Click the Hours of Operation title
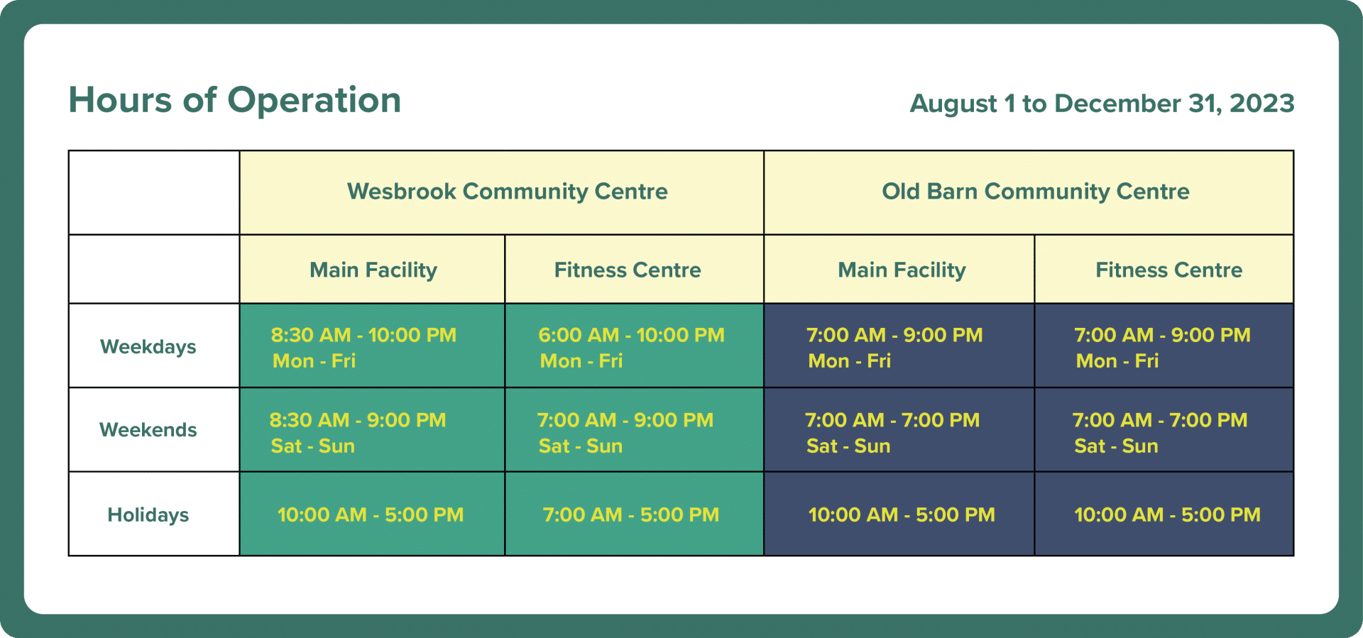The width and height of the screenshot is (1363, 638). point(235,100)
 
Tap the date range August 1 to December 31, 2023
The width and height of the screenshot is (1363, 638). point(1102,104)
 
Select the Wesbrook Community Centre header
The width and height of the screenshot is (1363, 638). point(508,192)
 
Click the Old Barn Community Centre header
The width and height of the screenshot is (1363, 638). point(1036,192)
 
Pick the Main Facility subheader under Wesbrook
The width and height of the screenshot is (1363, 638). point(373,270)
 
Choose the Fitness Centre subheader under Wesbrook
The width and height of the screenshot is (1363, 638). point(628,270)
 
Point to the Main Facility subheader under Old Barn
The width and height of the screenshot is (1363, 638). point(902,270)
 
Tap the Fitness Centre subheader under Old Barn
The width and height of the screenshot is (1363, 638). point(1169,270)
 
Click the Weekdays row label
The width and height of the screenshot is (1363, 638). point(148,347)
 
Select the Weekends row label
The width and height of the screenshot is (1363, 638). point(148,430)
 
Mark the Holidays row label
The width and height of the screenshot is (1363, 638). point(148,515)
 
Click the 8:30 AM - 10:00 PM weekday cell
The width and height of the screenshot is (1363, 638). point(372,346)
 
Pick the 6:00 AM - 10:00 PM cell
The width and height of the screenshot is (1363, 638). point(634,346)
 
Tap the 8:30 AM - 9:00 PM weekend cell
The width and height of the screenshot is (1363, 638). point(372,430)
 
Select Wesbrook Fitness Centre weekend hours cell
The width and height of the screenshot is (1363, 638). point(634,430)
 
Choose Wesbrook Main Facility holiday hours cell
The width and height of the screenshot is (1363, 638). point(372,515)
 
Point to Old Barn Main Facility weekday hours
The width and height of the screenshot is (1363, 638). point(899,346)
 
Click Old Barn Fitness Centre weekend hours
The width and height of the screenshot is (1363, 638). point(1164,430)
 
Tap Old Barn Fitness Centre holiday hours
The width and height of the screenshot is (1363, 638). point(1164,515)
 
